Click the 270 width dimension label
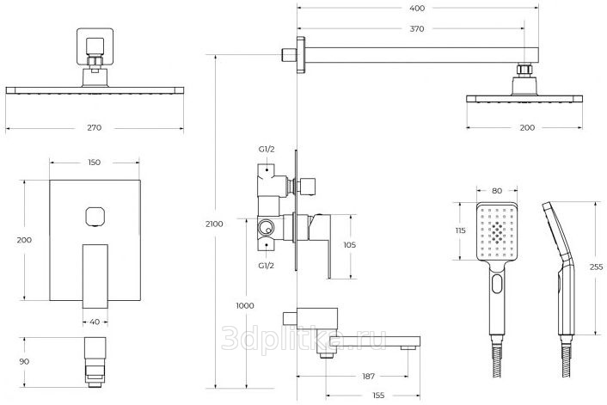pos(95,128)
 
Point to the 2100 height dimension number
pos(214,224)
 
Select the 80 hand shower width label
pos(497,192)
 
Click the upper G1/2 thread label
pos(267,149)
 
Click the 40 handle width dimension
pos(95,322)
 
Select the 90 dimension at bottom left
pos(25,361)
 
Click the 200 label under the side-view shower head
pos(526,128)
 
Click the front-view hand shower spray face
pos(497,231)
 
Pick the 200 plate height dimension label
pos(24,242)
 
